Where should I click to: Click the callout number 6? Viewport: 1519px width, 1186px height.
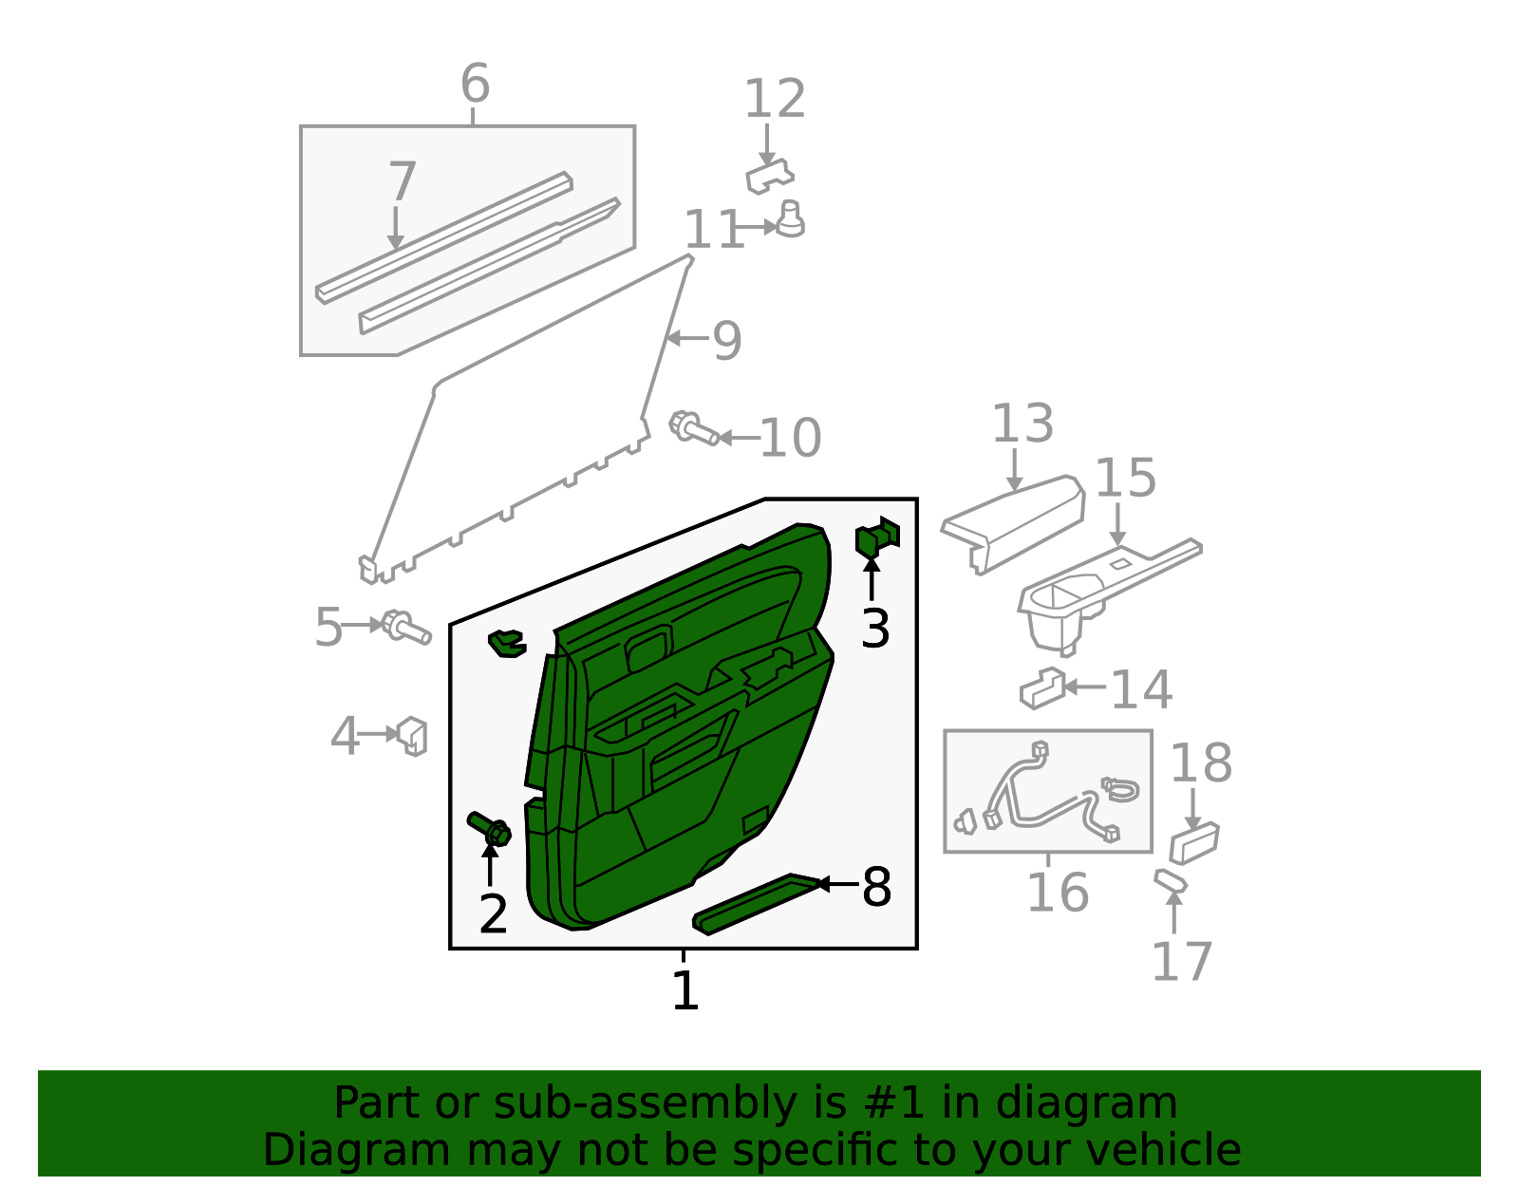[476, 84]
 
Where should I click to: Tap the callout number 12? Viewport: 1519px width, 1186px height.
[775, 100]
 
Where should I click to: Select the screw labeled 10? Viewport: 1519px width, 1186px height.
[693, 427]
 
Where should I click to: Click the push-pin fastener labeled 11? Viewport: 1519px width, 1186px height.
[790, 218]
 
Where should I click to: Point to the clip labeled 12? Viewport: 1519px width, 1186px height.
[769, 176]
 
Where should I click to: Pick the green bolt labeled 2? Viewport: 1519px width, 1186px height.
[489, 829]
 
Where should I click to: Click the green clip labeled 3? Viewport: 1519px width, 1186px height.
[877, 538]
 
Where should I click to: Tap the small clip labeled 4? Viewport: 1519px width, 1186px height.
[412, 736]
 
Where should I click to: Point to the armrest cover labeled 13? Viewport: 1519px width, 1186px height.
[1013, 524]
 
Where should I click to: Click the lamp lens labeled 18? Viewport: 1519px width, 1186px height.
[1194, 843]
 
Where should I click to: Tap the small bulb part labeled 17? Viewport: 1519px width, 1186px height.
[1171, 881]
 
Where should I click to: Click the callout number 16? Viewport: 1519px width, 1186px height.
[1058, 894]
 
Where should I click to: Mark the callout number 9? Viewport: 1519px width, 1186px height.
[727, 341]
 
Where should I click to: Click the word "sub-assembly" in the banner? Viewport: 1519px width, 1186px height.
[645, 1102]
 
